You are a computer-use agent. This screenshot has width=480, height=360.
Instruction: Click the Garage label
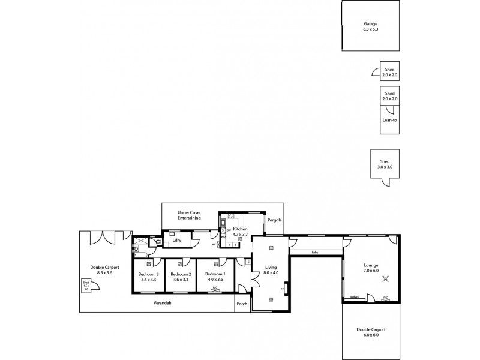370,24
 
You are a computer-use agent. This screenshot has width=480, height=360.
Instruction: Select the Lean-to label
389,120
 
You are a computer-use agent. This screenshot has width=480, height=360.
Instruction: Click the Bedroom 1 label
215,274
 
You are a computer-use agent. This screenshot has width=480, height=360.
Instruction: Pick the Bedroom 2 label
181,274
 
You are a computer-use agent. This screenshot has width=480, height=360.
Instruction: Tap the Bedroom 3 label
148,274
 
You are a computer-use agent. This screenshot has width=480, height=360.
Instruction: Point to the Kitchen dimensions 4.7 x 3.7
240,235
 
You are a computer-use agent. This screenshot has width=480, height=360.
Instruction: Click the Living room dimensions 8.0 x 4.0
271,273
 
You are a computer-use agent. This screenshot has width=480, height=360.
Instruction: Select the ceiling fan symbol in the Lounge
386,277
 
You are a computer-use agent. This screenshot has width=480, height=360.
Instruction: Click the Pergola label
274,220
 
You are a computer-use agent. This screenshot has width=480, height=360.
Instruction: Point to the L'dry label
176,241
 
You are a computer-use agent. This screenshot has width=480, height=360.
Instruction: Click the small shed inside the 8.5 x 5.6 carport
86,286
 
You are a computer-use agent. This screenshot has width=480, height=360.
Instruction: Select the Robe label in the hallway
314,253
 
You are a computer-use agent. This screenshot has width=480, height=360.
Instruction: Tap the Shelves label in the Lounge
354,296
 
